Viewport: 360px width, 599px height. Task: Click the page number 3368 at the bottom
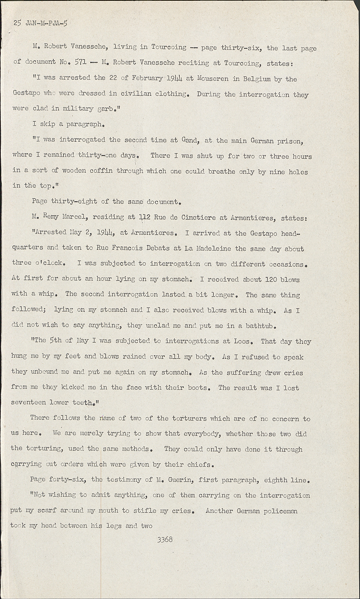point(165,539)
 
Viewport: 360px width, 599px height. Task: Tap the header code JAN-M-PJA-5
point(46,23)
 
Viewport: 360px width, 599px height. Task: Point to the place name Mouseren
point(213,79)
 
